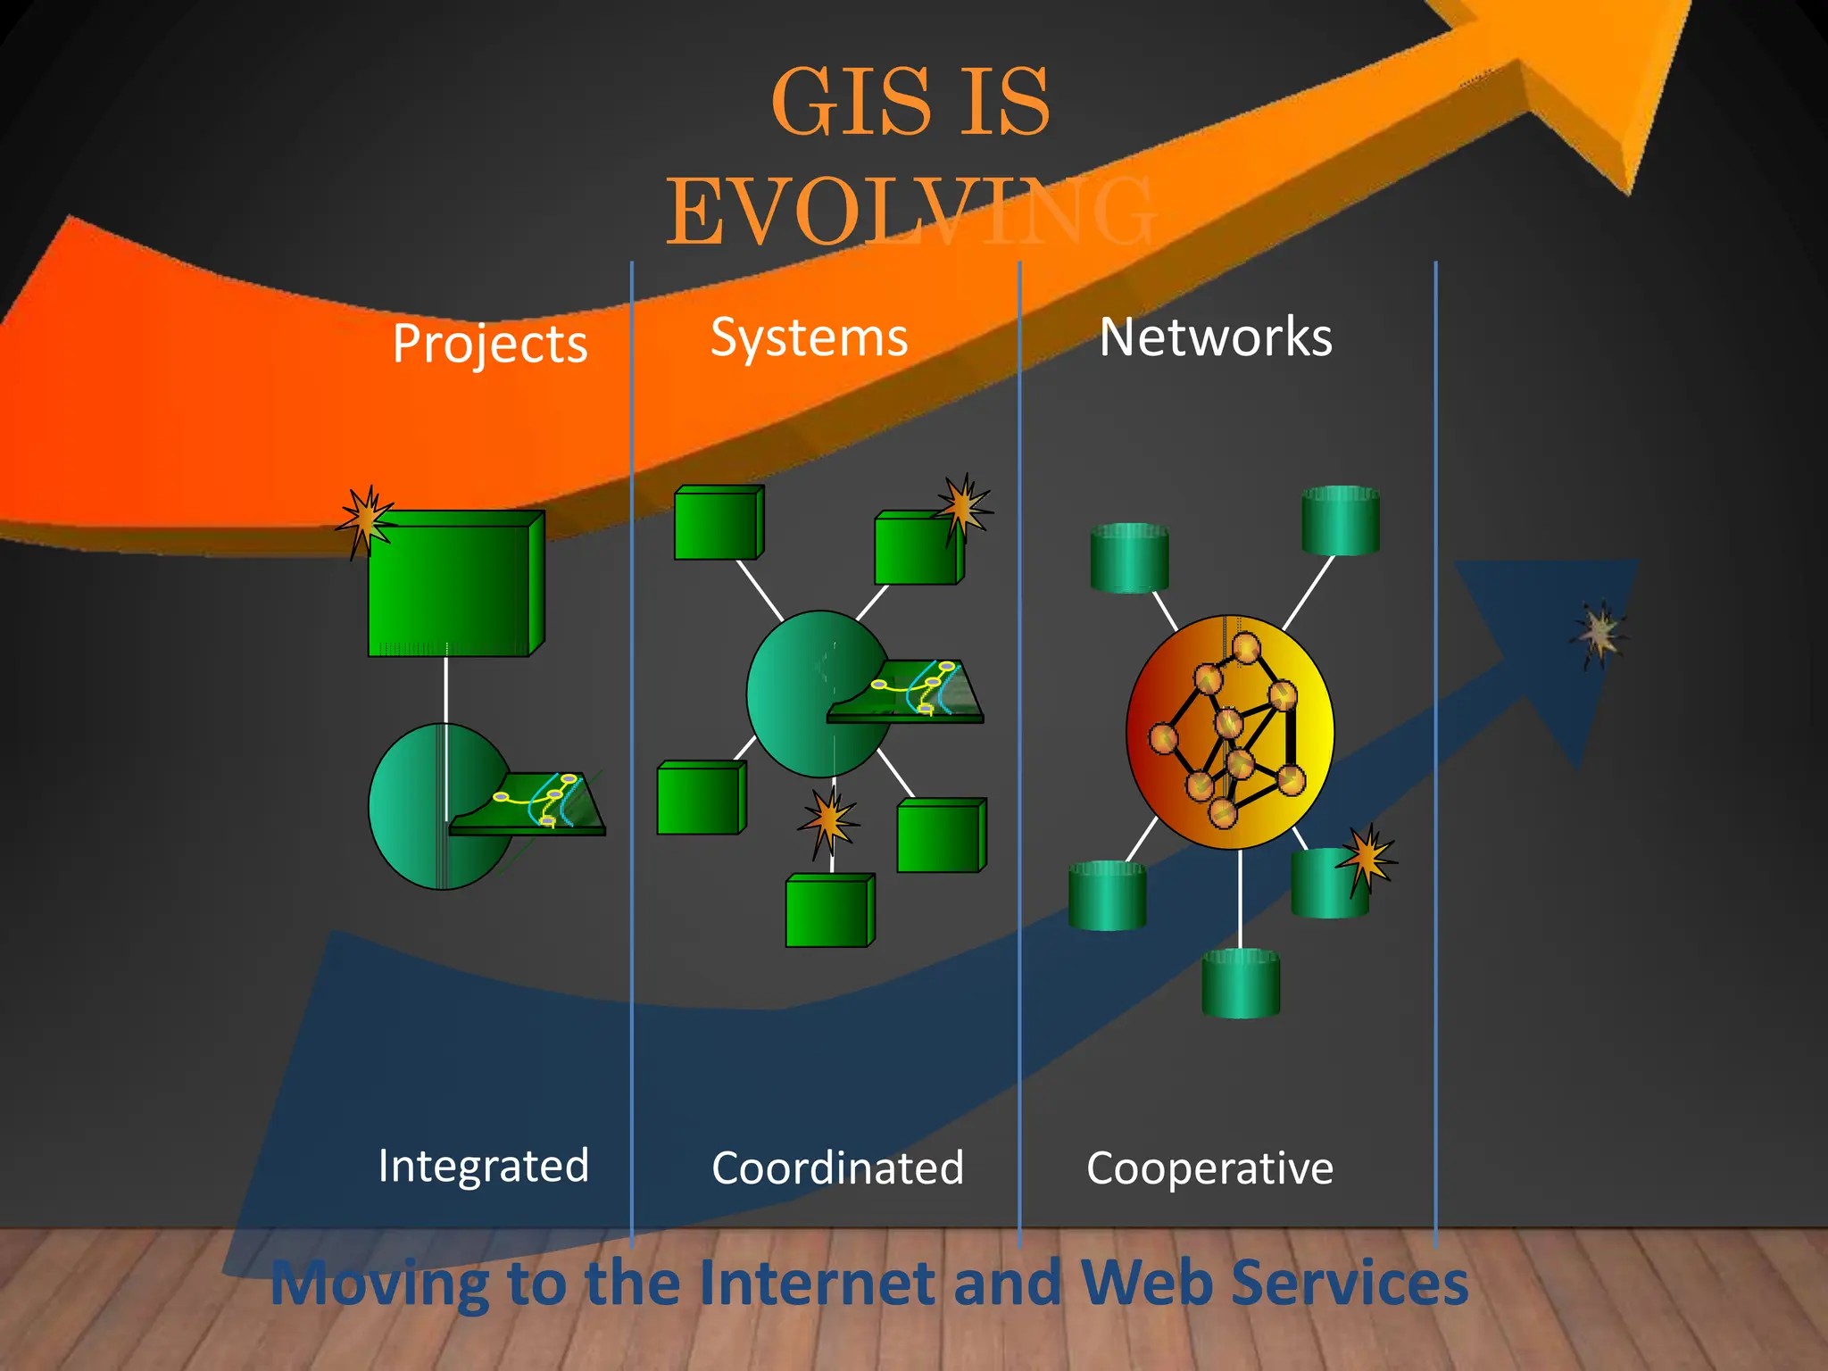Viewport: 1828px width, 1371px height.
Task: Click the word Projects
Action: (490, 344)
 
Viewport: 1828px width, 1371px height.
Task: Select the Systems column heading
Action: (809, 337)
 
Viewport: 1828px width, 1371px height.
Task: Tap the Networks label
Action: (1216, 337)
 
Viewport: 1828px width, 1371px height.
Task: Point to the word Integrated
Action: (483, 1166)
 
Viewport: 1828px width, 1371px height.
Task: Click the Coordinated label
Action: (837, 1167)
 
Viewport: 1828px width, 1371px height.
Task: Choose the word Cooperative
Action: (1209, 1167)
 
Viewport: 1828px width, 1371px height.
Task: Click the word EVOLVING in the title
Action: (910, 212)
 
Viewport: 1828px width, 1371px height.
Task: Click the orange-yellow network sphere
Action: (1230, 732)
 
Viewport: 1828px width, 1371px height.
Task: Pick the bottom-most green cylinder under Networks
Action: (1241, 983)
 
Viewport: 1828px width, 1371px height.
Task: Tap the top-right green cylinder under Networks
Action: (1341, 519)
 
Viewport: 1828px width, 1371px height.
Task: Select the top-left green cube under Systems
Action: (719, 523)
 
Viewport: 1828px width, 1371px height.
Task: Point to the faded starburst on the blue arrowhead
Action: (1599, 632)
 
